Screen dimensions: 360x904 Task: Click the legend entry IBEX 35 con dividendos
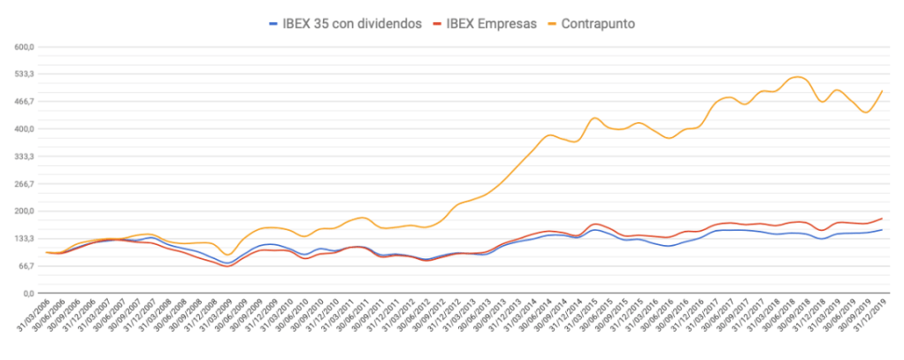point(351,23)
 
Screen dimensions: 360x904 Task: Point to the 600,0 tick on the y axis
point(22,47)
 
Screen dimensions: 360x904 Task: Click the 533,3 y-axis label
point(22,74)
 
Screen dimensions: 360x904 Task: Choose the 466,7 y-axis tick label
point(22,102)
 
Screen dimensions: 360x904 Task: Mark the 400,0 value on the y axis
point(22,129)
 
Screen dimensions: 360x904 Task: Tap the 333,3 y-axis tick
point(22,157)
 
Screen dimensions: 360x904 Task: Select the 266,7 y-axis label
point(22,184)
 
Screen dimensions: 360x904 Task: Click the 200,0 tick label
point(22,211)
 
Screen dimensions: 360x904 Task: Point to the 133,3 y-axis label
point(22,239)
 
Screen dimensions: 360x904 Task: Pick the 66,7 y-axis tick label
point(24,265)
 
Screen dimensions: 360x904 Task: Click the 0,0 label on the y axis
point(27,293)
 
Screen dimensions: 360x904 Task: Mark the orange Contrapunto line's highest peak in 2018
point(798,77)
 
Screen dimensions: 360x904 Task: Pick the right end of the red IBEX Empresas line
point(882,218)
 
